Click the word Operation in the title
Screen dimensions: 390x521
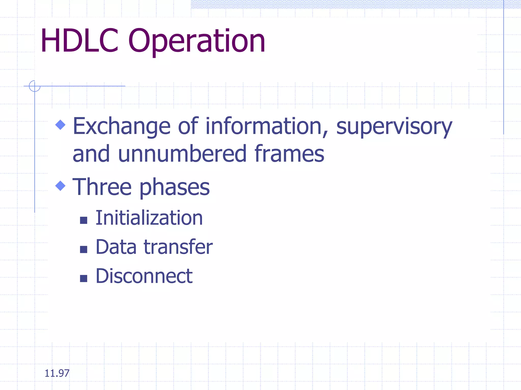pos(197,42)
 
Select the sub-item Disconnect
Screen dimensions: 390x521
pos(144,276)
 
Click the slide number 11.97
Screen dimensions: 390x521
pos(57,373)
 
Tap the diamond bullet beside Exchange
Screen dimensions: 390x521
pos(60,125)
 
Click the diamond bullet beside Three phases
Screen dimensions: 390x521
pos(60,186)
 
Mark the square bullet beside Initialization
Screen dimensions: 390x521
pos(83,220)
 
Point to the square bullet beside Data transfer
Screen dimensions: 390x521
pos(83,249)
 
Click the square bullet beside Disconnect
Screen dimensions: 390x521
pos(83,279)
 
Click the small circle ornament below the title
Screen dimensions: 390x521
pos(35,86)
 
